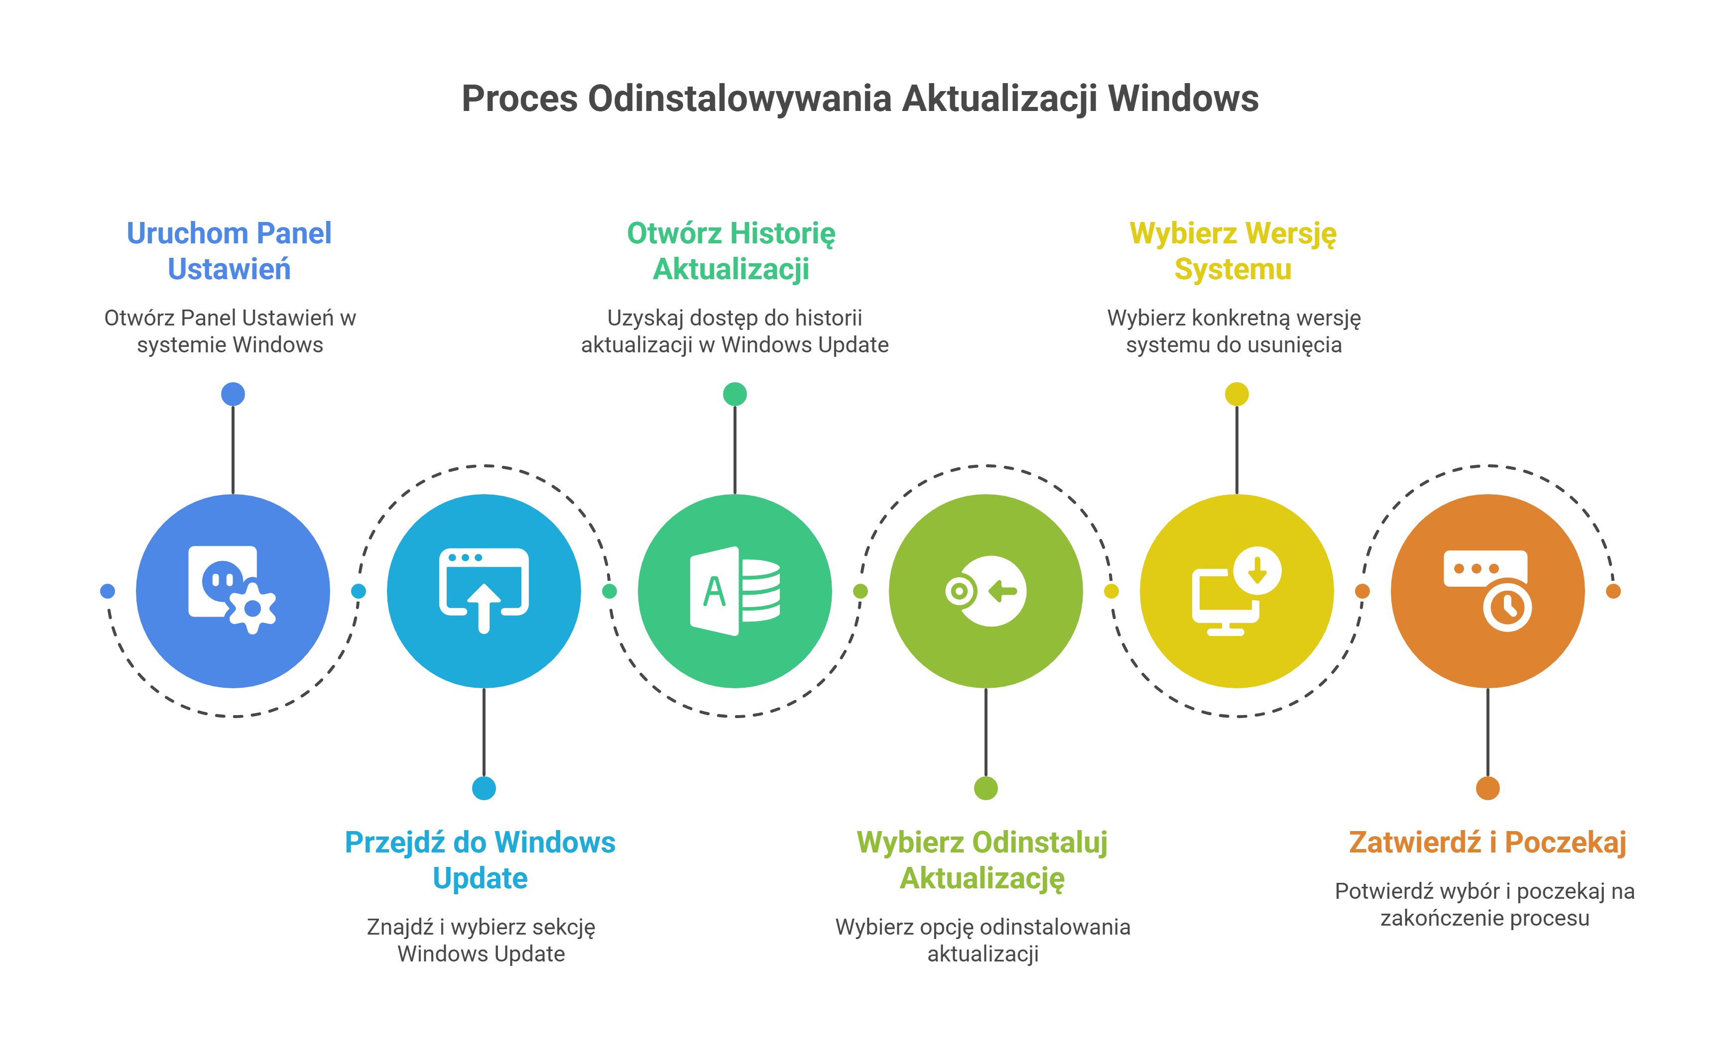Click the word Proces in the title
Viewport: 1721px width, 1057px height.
click(x=519, y=99)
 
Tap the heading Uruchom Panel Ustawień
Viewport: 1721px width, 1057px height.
click(x=230, y=251)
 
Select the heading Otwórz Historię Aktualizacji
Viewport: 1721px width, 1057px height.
click(x=731, y=251)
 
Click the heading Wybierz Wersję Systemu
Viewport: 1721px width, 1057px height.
click(x=1233, y=251)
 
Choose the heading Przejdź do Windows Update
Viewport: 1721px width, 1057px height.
click(x=481, y=860)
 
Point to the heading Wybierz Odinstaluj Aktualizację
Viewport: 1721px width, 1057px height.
click(x=982, y=860)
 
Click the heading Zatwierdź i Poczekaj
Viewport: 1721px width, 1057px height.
click(x=1487, y=843)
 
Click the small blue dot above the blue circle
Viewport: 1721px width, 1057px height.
click(x=233, y=394)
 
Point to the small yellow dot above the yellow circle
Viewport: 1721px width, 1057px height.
click(x=1236, y=394)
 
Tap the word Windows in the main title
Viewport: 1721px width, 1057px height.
click(x=1183, y=99)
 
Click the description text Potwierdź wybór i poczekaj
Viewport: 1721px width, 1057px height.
click(x=1484, y=904)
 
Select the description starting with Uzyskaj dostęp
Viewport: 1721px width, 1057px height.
click(x=735, y=330)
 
